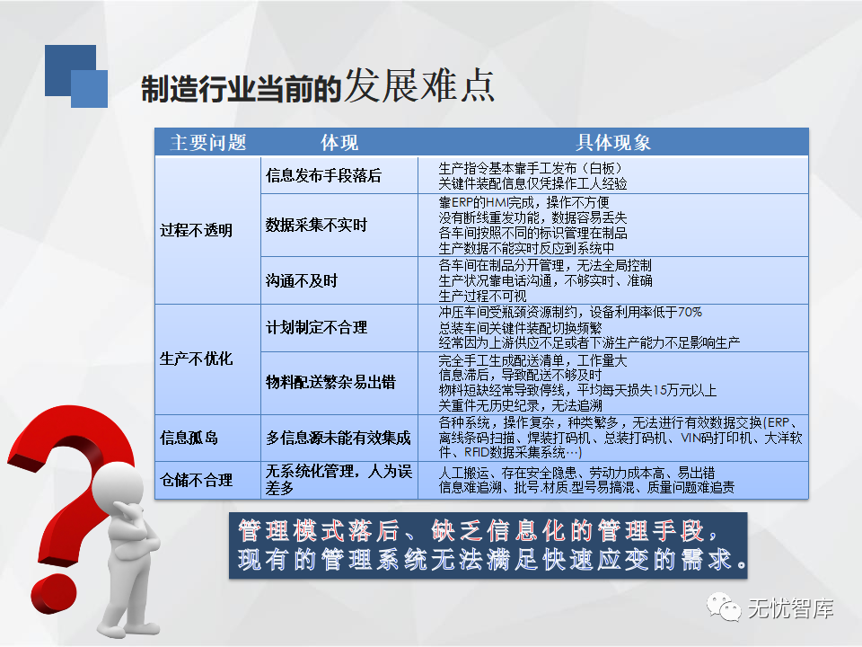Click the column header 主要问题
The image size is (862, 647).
point(207,143)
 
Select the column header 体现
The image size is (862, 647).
point(339,143)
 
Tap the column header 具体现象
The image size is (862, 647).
point(613,143)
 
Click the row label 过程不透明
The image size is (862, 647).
point(197,230)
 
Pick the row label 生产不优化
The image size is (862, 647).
point(197,359)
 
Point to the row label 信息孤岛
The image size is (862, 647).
point(189,438)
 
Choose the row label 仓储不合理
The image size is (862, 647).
point(197,480)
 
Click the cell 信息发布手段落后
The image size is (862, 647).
point(323,175)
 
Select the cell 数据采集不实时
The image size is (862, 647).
point(316,225)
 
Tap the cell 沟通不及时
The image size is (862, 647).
point(302,281)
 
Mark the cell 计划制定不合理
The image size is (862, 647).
point(316,328)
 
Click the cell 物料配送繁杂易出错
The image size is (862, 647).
point(330,382)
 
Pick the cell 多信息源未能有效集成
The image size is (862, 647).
point(339,438)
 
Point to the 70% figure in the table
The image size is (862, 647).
point(690,313)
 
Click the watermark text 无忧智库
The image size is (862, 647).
point(790,608)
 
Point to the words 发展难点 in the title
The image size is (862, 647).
point(419,85)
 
